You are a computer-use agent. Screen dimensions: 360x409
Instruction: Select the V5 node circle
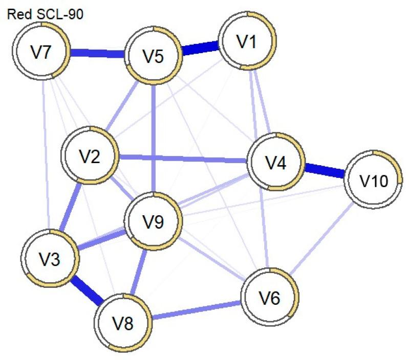click(154, 57)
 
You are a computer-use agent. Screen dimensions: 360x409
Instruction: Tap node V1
click(248, 44)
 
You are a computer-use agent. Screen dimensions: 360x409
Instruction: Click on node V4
click(276, 162)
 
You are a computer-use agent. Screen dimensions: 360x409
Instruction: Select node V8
click(123, 323)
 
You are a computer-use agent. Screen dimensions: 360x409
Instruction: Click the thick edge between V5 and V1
click(201, 50)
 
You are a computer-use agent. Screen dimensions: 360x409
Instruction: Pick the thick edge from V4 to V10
click(325, 171)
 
